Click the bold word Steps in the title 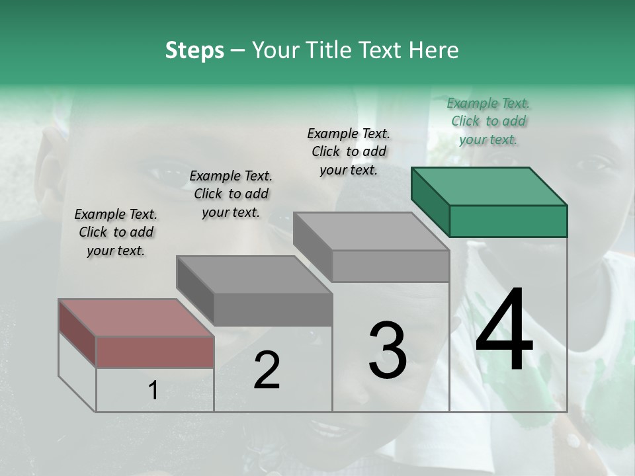194,50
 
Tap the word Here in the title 435,50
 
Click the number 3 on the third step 388,350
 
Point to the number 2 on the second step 267,370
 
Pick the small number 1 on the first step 153,391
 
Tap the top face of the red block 136,318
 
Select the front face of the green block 508,221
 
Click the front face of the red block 155,352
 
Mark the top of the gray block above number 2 254,274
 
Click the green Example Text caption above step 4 488,121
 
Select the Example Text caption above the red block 116,232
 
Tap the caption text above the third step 349,151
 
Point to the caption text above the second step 231,194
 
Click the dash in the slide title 239,50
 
